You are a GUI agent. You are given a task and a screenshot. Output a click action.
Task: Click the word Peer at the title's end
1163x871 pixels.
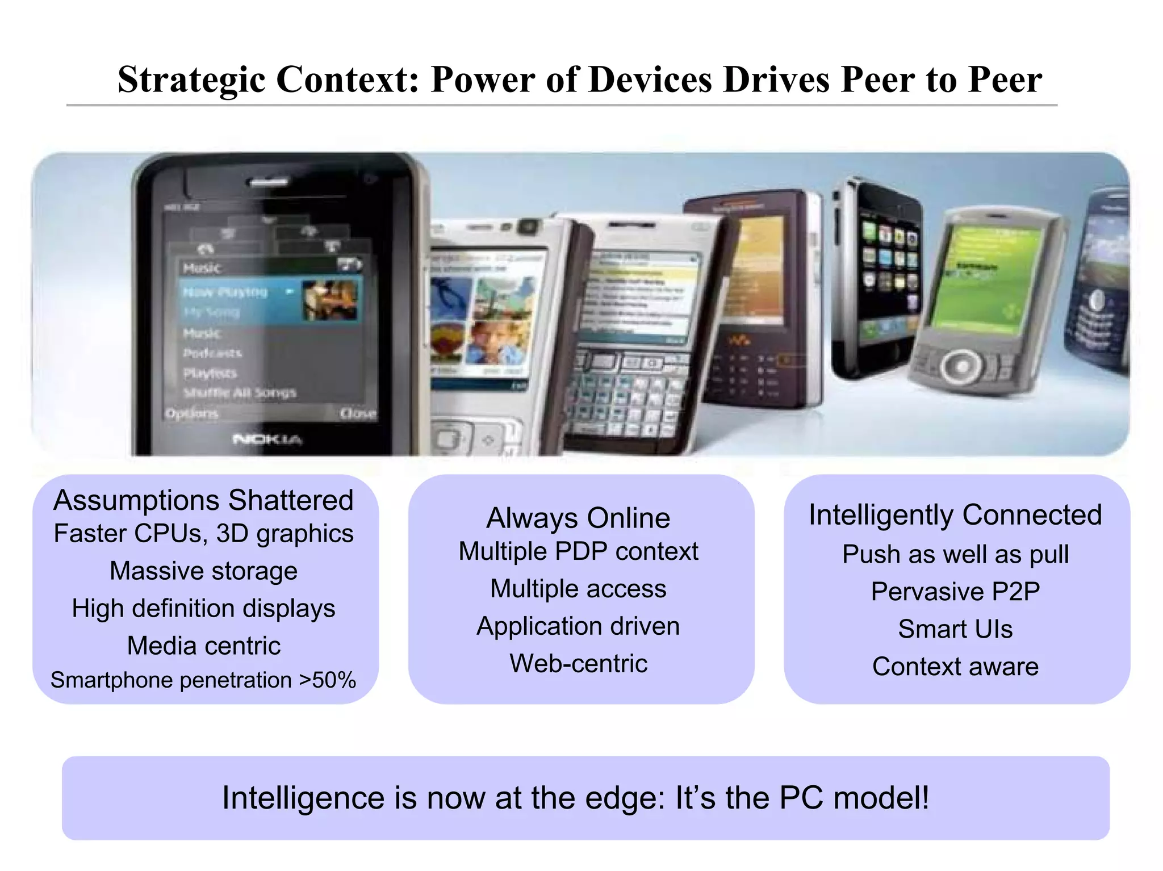coord(1005,79)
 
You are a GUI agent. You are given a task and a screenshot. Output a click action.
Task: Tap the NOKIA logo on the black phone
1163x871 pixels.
coord(267,439)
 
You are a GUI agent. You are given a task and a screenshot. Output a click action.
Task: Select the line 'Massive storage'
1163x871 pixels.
coord(203,571)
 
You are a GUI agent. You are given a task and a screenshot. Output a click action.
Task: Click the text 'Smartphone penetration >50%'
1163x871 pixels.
coord(203,680)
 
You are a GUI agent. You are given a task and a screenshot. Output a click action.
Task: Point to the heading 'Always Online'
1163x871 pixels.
coord(578,518)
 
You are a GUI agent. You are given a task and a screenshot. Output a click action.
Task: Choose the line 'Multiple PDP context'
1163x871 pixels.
coord(578,551)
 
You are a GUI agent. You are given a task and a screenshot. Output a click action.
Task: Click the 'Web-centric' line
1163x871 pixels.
coord(578,663)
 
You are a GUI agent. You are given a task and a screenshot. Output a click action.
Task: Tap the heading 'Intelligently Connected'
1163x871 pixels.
coord(955,515)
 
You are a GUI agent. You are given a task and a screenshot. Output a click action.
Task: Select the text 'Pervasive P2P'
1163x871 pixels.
coord(955,592)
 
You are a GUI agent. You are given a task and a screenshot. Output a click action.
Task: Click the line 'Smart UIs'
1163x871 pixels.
coord(955,629)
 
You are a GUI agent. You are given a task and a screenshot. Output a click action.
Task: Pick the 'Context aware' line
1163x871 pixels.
coord(955,667)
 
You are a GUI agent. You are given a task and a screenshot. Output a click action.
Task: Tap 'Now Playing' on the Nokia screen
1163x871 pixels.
coord(225,292)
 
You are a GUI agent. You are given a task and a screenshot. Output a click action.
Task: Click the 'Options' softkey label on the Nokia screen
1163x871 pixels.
coord(191,413)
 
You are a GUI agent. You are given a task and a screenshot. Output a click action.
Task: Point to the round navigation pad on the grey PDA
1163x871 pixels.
coord(961,366)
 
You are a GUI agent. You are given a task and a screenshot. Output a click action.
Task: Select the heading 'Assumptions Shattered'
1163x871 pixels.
coord(203,500)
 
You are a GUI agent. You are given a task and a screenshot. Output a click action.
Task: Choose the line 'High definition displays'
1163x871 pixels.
coord(203,608)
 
